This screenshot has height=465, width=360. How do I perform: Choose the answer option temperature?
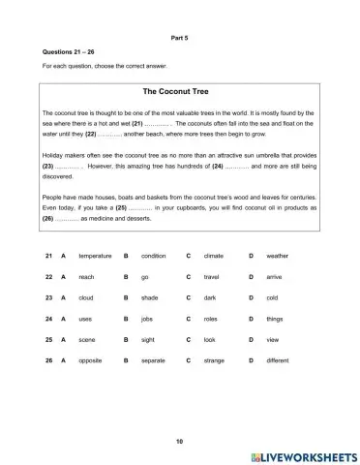95,256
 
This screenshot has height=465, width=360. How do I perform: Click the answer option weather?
277,256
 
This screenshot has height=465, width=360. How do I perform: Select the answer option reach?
87,277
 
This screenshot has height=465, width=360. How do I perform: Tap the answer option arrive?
273,277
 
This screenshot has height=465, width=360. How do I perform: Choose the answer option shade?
149,297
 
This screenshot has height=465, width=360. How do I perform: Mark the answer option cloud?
86,297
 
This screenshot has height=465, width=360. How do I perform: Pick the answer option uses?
86,318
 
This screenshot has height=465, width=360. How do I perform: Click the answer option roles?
210,318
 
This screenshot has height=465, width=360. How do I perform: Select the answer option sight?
148,339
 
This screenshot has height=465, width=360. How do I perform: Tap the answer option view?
272,339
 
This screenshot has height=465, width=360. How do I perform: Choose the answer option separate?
154,360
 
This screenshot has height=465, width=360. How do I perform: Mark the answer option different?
278,360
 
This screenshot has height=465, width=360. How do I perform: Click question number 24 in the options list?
46,318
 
